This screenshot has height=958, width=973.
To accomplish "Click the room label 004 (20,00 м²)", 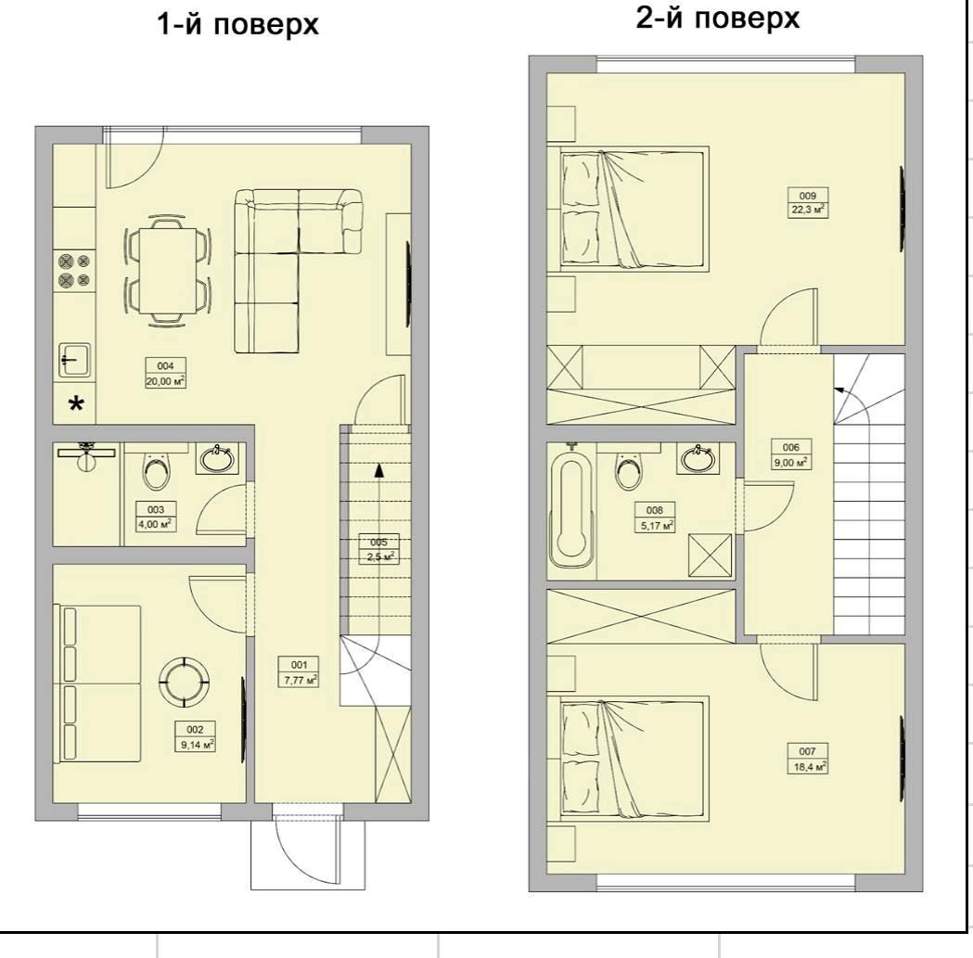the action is pyautogui.click(x=166, y=374).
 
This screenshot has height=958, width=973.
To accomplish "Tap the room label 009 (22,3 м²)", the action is pyautogui.click(x=807, y=202).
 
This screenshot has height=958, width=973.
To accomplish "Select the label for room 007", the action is pyautogui.click(x=807, y=759).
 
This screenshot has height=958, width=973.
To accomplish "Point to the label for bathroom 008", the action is pyautogui.click(x=655, y=517).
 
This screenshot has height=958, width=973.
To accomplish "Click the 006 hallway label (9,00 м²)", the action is pyautogui.click(x=791, y=454).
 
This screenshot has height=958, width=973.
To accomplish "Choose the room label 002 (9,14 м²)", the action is pyautogui.click(x=195, y=737).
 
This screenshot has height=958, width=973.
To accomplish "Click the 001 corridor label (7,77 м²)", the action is pyautogui.click(x=300, y=672).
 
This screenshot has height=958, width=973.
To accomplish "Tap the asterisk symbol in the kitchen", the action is pyautogui.click(x=76, y=405).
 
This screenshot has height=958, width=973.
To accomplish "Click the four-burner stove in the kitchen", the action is pyautogui.click(x=74, y=271).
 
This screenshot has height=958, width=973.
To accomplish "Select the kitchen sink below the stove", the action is pyautogui.click(x=75, y=360).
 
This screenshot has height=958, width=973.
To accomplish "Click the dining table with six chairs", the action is pyautogui.click(x=168, y=271).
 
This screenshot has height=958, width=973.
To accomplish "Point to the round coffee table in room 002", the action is pyautogui.click(x=185, y=681).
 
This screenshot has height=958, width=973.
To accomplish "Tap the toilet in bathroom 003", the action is pyautogui.click(x=155, y=469).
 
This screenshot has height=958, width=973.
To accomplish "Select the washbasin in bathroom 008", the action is pyautogui.click(x=698, y=459).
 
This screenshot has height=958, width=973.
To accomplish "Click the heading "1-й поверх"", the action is pyautogui.click(x=237, y=25).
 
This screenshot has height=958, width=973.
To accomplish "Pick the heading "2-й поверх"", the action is pyautogui.click(x=718, y=18).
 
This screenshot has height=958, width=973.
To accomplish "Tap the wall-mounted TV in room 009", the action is pyautogui.click(x=902, y=210).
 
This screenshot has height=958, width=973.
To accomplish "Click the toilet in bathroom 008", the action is pyautogui.click(x=630, y=470).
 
